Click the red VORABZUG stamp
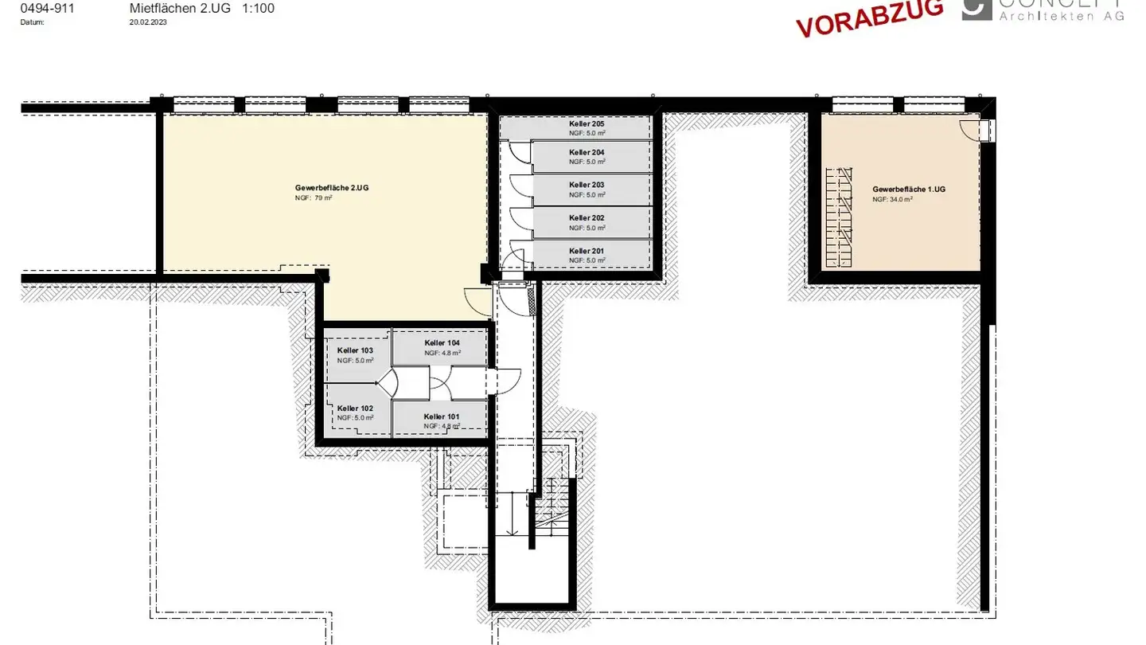click(870, 17)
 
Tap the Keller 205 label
click(587, 125)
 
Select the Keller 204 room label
click(587, 152)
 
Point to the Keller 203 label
click(587, 185)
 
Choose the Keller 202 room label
click(587, 217)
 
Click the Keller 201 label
click(587, 251)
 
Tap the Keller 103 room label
click(355, 350)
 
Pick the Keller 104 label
click(442, 342)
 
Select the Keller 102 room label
click(355, 408)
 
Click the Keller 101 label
click(442, 416)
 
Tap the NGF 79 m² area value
click(313, 197)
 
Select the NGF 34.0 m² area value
click(892, 200)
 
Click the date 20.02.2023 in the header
click(148, 22)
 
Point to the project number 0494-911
click(48, 9)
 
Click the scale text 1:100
click(258, 9)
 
